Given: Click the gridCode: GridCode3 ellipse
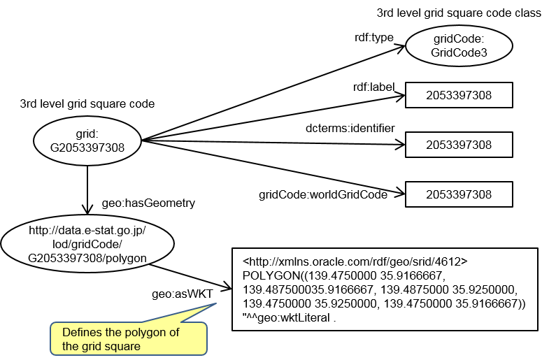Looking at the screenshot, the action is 459,45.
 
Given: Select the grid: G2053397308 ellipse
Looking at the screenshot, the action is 87,141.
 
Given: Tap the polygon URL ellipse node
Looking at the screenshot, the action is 87,244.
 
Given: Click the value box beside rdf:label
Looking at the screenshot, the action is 459,95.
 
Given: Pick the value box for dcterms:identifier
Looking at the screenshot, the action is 459,145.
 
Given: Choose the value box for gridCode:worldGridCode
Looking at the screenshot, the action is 459,194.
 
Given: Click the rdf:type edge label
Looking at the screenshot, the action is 374,38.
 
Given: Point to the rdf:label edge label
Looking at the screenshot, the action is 374,87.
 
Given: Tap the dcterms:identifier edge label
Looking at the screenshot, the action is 350,128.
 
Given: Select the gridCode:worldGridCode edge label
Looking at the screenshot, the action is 323,194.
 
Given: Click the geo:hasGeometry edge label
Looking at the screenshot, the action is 148,203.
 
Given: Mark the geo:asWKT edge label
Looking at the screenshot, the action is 183,294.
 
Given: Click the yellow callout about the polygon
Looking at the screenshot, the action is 129,338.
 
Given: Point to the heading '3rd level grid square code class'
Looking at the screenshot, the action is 459,13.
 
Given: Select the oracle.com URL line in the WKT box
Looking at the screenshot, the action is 355,261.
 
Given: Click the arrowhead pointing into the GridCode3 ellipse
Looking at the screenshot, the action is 401,48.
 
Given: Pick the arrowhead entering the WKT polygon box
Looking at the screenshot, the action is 227,287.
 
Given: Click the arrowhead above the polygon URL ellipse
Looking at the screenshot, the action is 87,210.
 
